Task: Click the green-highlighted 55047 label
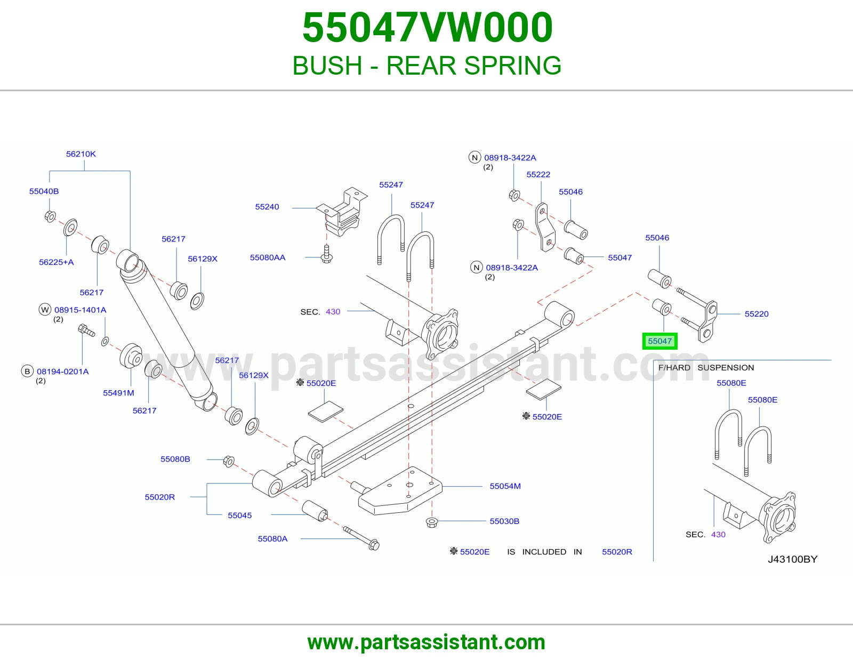(659, 341)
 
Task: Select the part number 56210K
(81, 154)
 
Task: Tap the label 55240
(267, 207)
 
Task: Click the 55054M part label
(505, 486)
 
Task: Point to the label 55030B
(504, 521)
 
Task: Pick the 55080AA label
(268, 257)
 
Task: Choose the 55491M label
(118, 393)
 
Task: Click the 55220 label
(757, 314)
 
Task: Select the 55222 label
(538, 174)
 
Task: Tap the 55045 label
(240, 515)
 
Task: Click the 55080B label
(175, 459)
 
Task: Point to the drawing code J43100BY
(793, 559)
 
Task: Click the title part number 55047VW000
(428, 27)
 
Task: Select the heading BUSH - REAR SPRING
(426, 65)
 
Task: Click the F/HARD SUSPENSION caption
(706, 368)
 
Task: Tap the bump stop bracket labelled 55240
(342, 212)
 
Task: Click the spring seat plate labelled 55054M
(400, 490)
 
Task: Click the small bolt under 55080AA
(327, 254)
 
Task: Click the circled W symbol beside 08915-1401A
(45, 310)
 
